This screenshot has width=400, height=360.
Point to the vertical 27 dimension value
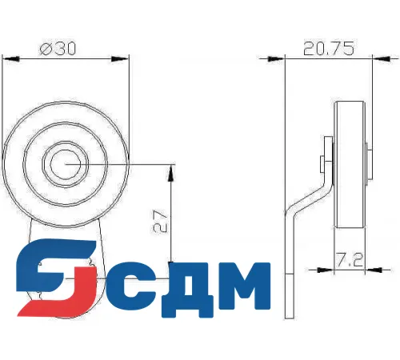(158, 221)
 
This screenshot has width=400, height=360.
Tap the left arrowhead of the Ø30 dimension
(6, 56)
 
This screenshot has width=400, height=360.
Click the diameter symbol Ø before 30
(45, 49)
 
